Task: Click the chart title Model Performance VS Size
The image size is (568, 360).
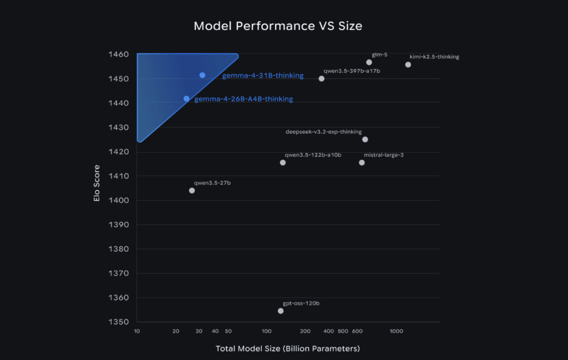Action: click(x=278, y=26)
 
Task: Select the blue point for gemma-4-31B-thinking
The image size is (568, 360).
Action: click(x=202, y=75)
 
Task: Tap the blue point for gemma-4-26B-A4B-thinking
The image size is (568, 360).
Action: click(x=186, y=99)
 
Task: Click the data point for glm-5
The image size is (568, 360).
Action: click(x=369, y=62)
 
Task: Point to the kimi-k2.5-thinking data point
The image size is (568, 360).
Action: click(x=408, y=65)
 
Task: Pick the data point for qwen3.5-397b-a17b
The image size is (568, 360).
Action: click(x=322, y=79)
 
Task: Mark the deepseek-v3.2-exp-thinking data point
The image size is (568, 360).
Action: click(x=365, y=139)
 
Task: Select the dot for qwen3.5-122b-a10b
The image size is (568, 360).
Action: click(x=283, y=163)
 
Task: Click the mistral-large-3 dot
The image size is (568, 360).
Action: click(x=362, y=163)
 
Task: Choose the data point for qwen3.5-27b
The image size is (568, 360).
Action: click(x=192, y=191)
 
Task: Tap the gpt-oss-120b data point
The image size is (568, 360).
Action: click(x=281, y=311)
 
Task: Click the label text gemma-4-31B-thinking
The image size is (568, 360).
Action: click(x=263, y=75)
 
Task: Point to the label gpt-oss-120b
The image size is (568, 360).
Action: click(x=301, y=303)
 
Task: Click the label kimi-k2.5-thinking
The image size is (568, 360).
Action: click(x=434, y=57)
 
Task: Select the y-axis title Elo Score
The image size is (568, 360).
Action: click(x=97, y=182)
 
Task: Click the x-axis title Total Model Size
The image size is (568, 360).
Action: click(x=288, y=349)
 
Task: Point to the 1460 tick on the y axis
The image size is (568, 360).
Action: click(x=119, y=55)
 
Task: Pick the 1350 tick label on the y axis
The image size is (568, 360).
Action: click(x=119, y=322)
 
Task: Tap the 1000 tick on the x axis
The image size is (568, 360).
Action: click(x=396, y=331)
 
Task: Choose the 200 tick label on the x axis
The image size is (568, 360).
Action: click(x=306, y=331)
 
